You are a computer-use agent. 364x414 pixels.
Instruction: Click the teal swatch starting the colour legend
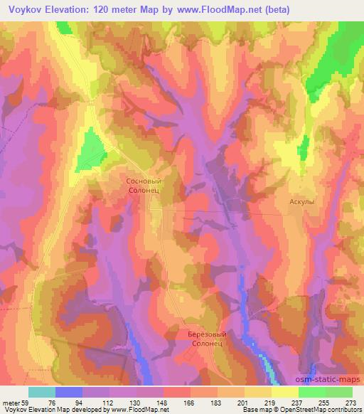point(42,391)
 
